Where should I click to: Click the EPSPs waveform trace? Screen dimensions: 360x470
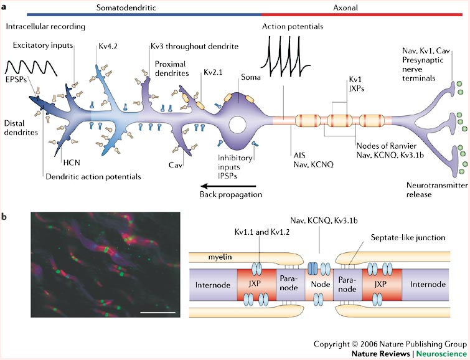click(24, 65)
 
